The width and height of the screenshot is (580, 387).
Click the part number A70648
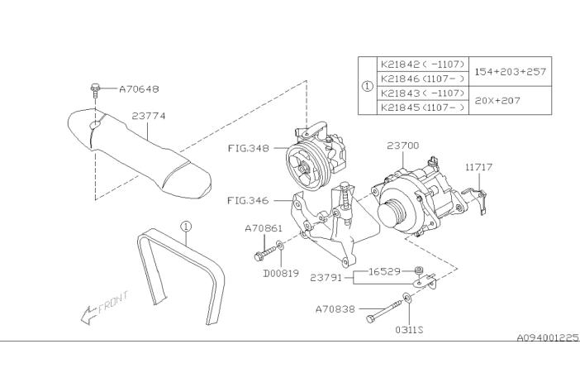click(x=139, y=89)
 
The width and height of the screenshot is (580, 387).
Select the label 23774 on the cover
click(x=149, y=116)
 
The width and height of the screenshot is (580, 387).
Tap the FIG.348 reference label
click(x=248, y=148)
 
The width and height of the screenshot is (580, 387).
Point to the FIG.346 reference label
click(x=248, y=201)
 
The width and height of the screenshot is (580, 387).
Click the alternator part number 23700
click(x=403, y=146)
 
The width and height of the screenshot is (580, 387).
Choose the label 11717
click(x=479, y=167)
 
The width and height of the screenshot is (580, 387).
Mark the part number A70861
click(x=264, y=228)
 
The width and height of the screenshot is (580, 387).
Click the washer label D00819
click(x=281, y=274)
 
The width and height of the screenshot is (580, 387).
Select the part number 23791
click(x=326, y=278)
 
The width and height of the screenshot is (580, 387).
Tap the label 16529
click(x=385, y=272)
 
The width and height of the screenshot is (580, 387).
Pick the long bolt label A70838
click(x=335, y=309)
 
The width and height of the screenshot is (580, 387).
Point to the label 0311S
click(x=409, y=330)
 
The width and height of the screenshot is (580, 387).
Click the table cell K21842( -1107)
click(x=422, y=64)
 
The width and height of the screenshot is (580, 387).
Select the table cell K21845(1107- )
click(x=422, y=107)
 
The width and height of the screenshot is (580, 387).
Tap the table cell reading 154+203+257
click(x=511, y=71)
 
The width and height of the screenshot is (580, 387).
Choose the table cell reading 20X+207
click(x=497, y=100)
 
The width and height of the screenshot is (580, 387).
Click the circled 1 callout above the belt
click(x=186, y=226)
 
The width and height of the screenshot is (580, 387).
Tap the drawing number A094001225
click(x=548, y=337)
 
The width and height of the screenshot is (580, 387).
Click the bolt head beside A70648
click(x=95, y=88)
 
